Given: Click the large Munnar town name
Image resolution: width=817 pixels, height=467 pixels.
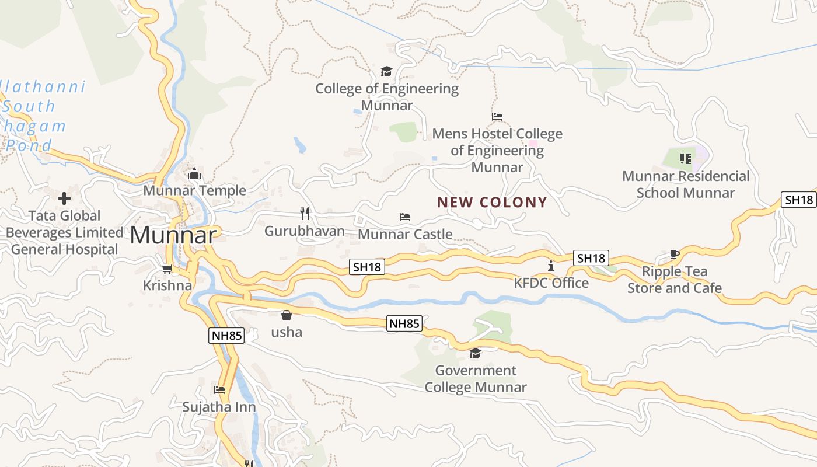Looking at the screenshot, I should tap(173, 235).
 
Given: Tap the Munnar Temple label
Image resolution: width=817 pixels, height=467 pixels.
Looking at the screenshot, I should tap(194, 191).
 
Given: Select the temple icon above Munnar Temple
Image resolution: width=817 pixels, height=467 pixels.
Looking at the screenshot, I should tap(194, 173).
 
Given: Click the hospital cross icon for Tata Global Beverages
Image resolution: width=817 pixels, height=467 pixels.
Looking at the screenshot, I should tap(64, 198).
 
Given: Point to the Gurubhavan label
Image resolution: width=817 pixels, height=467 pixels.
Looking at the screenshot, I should tap(305, 231).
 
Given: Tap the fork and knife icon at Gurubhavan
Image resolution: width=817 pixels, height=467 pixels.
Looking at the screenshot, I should tap(304, 213).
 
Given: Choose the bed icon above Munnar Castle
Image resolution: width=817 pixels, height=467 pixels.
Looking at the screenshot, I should tap(405, 217).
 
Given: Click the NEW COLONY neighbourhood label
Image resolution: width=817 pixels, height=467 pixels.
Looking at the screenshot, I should tap(493, 203).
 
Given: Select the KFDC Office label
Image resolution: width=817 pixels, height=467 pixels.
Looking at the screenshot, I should tap(551, 283).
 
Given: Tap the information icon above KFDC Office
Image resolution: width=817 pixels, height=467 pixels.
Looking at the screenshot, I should tap(551, 266).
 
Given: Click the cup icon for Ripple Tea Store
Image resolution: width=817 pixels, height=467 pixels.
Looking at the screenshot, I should tap(675, 255).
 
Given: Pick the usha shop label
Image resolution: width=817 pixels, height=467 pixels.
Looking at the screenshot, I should tap(287, 332).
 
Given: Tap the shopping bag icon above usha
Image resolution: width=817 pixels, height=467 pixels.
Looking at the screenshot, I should tap(287, 316).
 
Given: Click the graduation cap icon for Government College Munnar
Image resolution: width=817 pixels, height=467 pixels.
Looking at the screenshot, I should tap(475, 354).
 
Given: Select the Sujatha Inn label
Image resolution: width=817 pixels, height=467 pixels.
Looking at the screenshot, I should tap(219, 407).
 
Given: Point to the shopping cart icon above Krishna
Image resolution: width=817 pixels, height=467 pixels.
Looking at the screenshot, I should tap(167, 269).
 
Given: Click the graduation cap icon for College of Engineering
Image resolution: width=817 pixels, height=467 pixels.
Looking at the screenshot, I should tap(386, 72).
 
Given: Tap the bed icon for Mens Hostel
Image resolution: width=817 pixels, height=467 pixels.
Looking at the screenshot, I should tap(497, 117).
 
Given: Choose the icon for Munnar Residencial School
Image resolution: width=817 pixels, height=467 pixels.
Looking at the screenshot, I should tap(686, 158).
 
